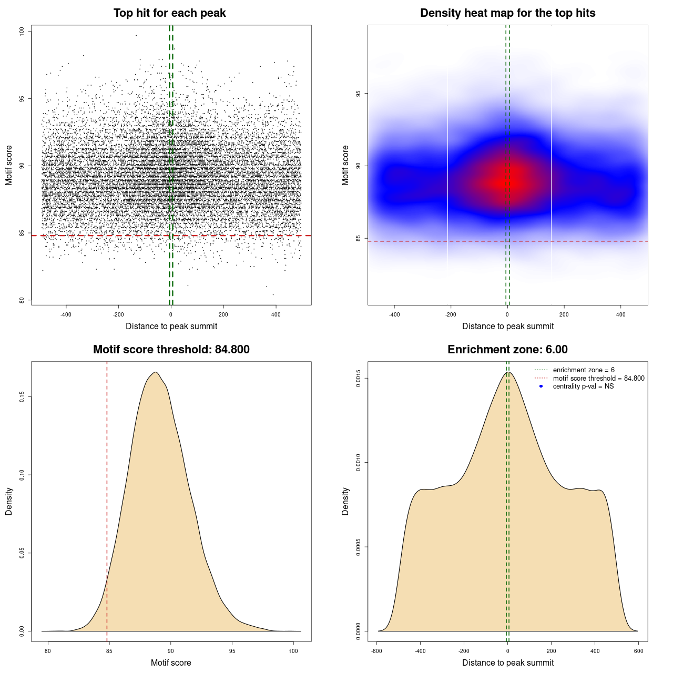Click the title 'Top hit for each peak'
170,13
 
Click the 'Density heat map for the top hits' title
507,13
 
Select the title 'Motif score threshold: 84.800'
171,350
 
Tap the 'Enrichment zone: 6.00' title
507,350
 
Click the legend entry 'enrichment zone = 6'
584,370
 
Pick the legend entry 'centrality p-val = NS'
583,386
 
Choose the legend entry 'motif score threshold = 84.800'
598,379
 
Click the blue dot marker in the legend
541,386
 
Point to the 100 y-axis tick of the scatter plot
22,32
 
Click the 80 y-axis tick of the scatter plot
22,300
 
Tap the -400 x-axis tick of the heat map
394,314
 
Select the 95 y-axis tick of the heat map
358,94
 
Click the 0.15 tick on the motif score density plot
22,396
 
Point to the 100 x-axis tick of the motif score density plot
293,651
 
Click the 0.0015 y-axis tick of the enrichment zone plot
358,379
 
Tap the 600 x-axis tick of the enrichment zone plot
639,651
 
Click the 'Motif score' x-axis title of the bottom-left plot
171,662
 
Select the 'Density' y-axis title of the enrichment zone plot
345,501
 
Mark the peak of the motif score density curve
156,372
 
